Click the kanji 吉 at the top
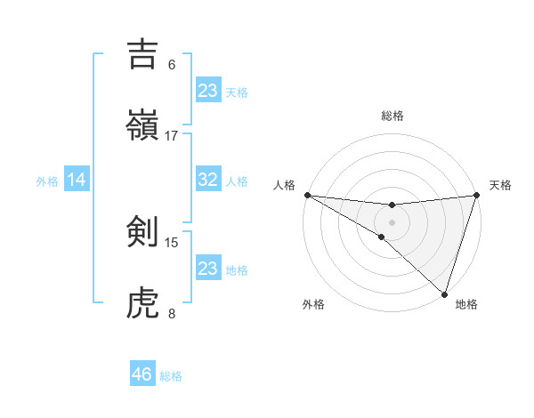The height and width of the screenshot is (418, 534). pos(143,54)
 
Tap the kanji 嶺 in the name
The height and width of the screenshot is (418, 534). pos(143,124)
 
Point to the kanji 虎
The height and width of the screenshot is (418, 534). pos(143,302)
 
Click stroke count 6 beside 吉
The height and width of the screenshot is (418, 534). pos(172,65)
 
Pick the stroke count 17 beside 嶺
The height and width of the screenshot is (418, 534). pos(172,135)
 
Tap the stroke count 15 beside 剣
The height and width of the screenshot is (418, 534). pos(172,242)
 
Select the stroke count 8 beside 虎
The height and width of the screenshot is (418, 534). pos(172,313)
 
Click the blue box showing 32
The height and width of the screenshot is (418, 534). pos(208,180)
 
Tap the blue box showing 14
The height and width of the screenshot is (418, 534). pos(77,180)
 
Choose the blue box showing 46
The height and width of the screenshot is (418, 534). pos(142,374)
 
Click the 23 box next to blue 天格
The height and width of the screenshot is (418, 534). pos(208,90)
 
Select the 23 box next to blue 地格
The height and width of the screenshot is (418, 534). pos(208,268)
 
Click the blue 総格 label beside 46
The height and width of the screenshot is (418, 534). pos(171,376)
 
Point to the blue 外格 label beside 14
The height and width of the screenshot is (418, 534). pos(47,181)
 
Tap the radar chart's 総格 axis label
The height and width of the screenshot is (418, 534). pos(392,116)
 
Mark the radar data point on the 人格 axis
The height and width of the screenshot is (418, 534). pos(307,195)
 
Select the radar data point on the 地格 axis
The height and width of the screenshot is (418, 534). pos(444,293)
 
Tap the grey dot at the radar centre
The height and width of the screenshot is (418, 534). pos(392,222)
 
